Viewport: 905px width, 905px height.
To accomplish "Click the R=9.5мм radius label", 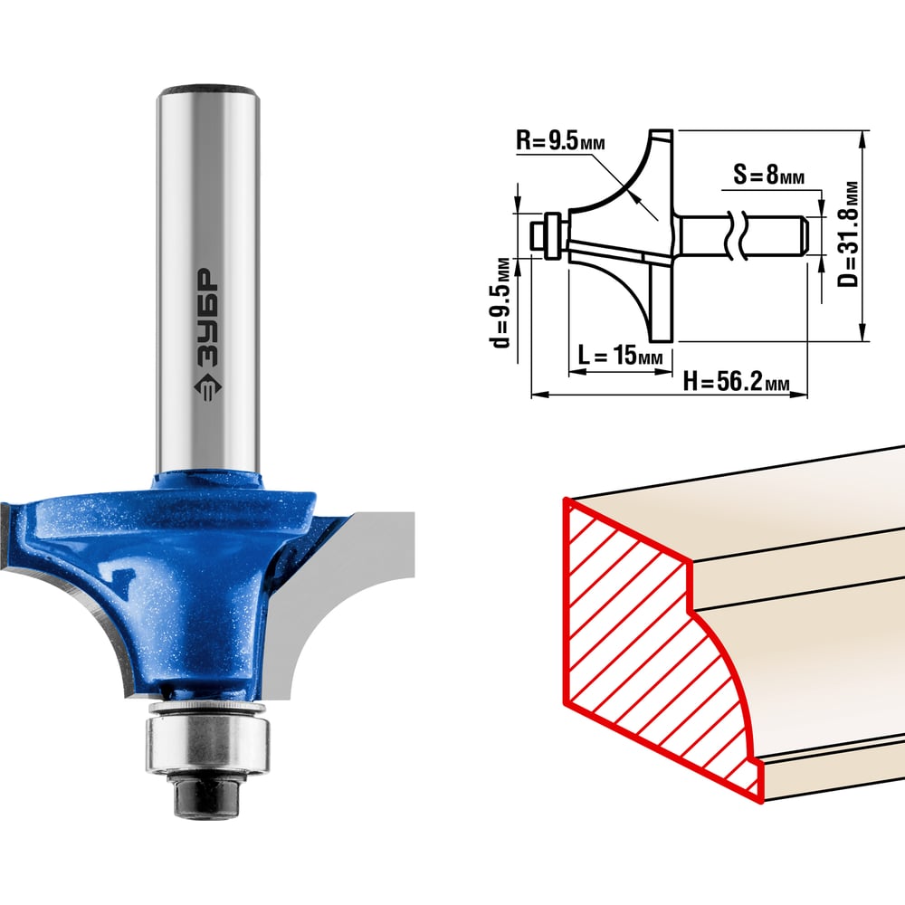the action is click(560, 140).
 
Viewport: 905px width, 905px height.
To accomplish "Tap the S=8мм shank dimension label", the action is click(768, 174).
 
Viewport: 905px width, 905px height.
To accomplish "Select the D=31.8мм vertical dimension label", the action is click(849, 235).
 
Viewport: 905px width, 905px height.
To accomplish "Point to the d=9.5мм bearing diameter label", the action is click(501, 302).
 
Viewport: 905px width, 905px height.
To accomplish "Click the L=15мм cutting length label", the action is click(621, 355).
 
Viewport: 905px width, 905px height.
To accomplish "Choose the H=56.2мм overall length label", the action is click(736, 381).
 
